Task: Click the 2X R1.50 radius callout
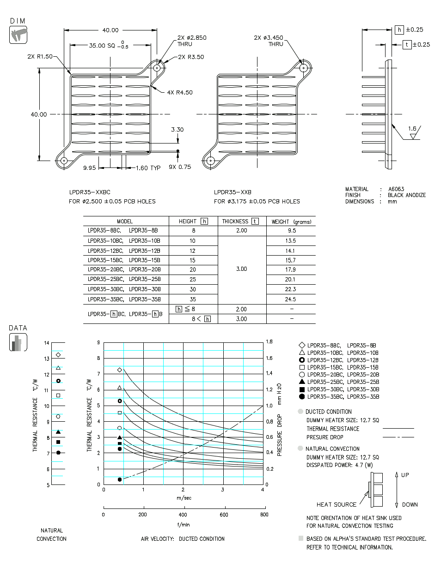click(x=40, y=56)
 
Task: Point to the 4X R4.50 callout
click(x=180, y=92)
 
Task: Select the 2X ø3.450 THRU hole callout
click(x=269, y=41)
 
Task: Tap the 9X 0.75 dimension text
click(x=180, y=167)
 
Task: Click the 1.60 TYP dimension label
click(x=148, y=168)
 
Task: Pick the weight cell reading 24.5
click(x=291, y=299)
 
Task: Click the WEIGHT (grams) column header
click(x=291, y=221)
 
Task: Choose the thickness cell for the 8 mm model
click(x=241, y=230)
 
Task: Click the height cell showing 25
click(x=193, y=280)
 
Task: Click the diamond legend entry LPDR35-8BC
click(x=337, y=345)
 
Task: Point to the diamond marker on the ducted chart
click(x=120, y=370)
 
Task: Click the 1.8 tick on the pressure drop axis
click(x=269, y=342)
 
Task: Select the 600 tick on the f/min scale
click(x=224, y=514)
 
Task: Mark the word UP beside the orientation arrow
click(x=404, y=475)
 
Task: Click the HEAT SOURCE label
click(x=337, y=504)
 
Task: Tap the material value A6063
click(x=396, y=189)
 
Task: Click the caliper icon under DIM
click(x=18, y=35)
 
